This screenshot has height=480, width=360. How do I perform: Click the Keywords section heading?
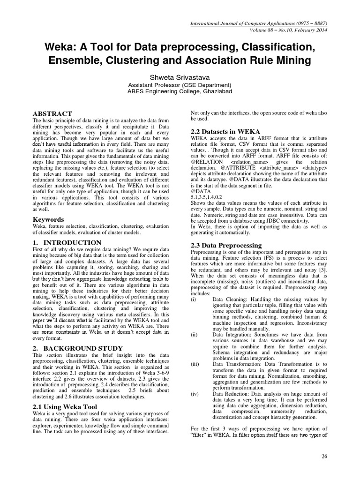click(49, 219)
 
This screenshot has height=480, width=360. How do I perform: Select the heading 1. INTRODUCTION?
click(67, 242)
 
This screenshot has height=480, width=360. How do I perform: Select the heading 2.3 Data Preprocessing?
click(226, 245)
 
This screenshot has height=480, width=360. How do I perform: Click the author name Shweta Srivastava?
click(180, 76)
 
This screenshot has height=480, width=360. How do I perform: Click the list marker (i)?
click(193, 299)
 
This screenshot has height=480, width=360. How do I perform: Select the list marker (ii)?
click(194, 334)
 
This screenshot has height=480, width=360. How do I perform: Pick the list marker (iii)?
click(195, 364)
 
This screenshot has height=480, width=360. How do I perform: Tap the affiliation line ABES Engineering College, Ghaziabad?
click(180, 93)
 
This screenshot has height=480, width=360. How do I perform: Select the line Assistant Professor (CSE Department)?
click(180, 85)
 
